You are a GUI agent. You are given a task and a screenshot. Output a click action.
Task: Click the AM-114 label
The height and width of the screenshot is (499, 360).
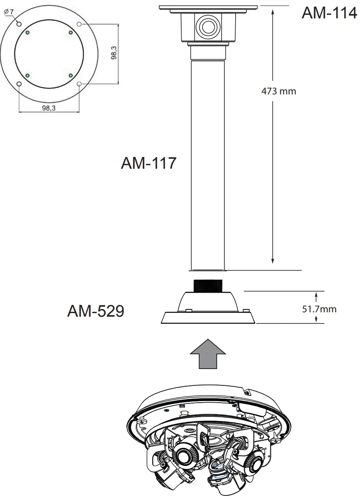pyautogui.click(x=329, y=13)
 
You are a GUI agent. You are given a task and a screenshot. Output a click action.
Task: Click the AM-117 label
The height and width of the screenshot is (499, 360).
pyautogui.click(x=148, y=163)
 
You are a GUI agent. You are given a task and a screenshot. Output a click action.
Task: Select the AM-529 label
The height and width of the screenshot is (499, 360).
pyautogui.click(x=95, y=311)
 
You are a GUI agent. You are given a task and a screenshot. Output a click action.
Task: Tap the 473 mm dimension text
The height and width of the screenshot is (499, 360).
pyautogui.click(x=279, y=91)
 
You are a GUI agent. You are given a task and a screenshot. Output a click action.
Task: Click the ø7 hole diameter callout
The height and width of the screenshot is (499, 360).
pyautogui.click(x=8, y=12)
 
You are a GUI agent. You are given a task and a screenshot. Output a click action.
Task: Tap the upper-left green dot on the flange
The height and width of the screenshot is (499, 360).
pyautogui.click(x=27, y=32)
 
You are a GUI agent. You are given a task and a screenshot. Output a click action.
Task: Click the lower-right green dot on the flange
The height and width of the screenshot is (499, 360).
pyautogui.click(x=70, y=75)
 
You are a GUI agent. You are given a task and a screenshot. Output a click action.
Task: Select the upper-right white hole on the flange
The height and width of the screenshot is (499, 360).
pyautogui.click(x=79, y=24)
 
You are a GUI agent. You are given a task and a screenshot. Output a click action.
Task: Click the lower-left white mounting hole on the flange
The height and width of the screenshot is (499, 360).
pyautogui.click(x=19, y=84)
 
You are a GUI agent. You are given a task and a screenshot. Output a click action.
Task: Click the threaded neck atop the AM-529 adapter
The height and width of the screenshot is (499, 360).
pyautogui.click(x=208, y=285)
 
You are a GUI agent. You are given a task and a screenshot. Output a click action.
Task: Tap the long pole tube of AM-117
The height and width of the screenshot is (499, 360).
pyautogui.click(x=208, y=160)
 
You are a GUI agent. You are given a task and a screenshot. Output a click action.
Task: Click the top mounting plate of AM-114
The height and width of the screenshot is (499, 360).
pyautogui.click(x=208, y=8)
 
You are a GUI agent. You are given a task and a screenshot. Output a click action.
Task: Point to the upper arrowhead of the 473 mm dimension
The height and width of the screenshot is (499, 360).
pyautogui.click(x=272, y=11)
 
